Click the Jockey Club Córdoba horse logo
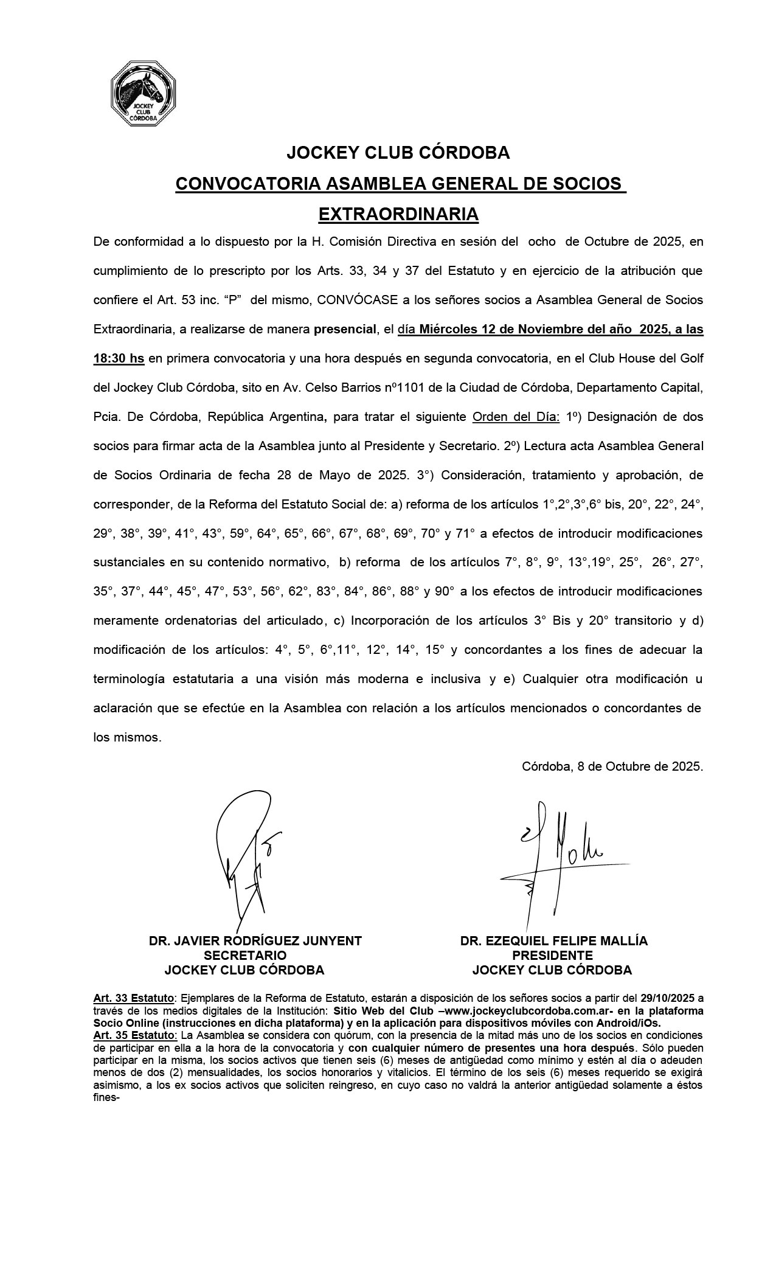[x=143, y=94]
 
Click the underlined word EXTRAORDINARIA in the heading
[x=398, y=214]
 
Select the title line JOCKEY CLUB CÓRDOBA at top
[x=398, y=153]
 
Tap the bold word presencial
[x=344, y=330]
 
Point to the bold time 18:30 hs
[x=119, y=359]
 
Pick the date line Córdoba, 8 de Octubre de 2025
[x=612, y=766]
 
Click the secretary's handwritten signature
[x=246, y=864]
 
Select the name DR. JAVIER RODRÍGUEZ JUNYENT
[x=255, y=941]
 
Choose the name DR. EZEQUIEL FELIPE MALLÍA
[x=554, y=941]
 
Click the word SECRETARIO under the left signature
[x=244, y=956]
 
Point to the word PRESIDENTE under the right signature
[x=552, y=956]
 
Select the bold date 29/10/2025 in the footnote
[x=667, y=998]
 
